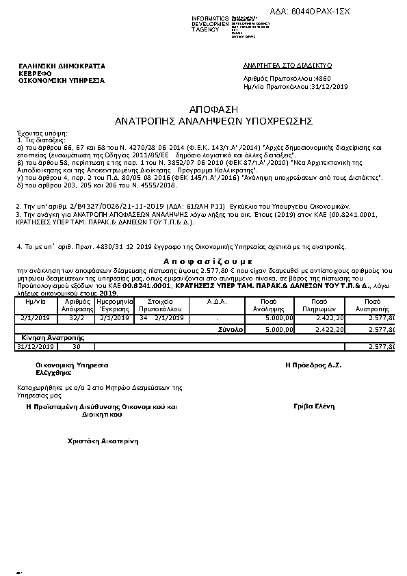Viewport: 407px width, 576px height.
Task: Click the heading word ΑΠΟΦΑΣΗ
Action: tap(203, 109)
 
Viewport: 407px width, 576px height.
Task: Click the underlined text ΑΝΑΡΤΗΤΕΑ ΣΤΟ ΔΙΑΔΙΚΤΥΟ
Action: tap(287, 65)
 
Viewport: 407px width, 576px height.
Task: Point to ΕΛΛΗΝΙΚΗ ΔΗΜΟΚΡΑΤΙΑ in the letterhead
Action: tap(62, 66)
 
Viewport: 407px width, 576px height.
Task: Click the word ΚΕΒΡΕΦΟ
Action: tap(36, 73)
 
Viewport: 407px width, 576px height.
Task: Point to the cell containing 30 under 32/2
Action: tap(75, 347)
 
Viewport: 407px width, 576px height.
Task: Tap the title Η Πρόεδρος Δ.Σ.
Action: tap(313, 365)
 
